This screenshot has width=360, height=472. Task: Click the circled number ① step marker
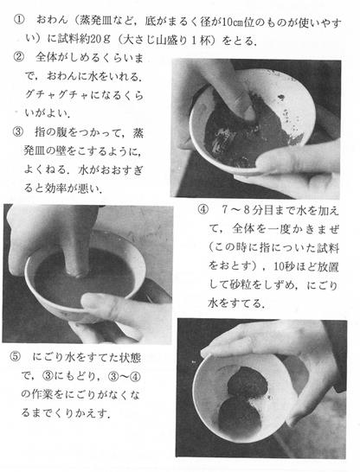pos(18,20)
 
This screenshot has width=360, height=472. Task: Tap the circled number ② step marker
pos(18,56)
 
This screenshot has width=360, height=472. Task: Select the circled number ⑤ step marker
pos(15,357)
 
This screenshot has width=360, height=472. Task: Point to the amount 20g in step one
pos(100,39)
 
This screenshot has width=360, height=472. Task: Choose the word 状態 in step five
pos(131,357)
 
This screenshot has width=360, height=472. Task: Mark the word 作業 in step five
pos(42,394)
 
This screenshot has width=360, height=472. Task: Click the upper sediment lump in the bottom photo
pos(247,382)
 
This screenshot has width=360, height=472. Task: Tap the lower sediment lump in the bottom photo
pos(238,413)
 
